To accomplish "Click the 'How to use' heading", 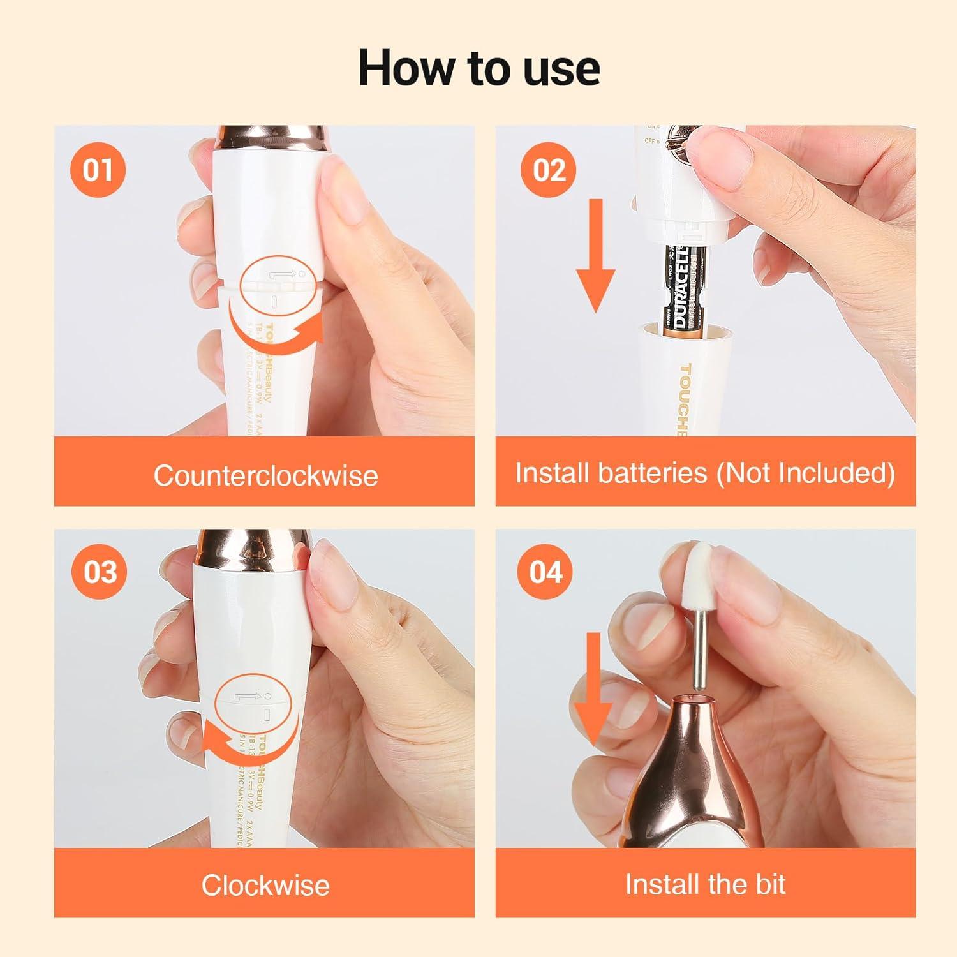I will (478, 68).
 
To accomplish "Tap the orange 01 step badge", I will (97, 170).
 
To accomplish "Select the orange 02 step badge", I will (549, 170).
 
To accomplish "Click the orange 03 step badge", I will (100, 572).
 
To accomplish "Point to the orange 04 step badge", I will (546, 572).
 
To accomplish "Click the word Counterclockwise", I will (265, 475).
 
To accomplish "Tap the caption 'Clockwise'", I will (265, 885).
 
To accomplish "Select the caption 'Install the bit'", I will (705, 884).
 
